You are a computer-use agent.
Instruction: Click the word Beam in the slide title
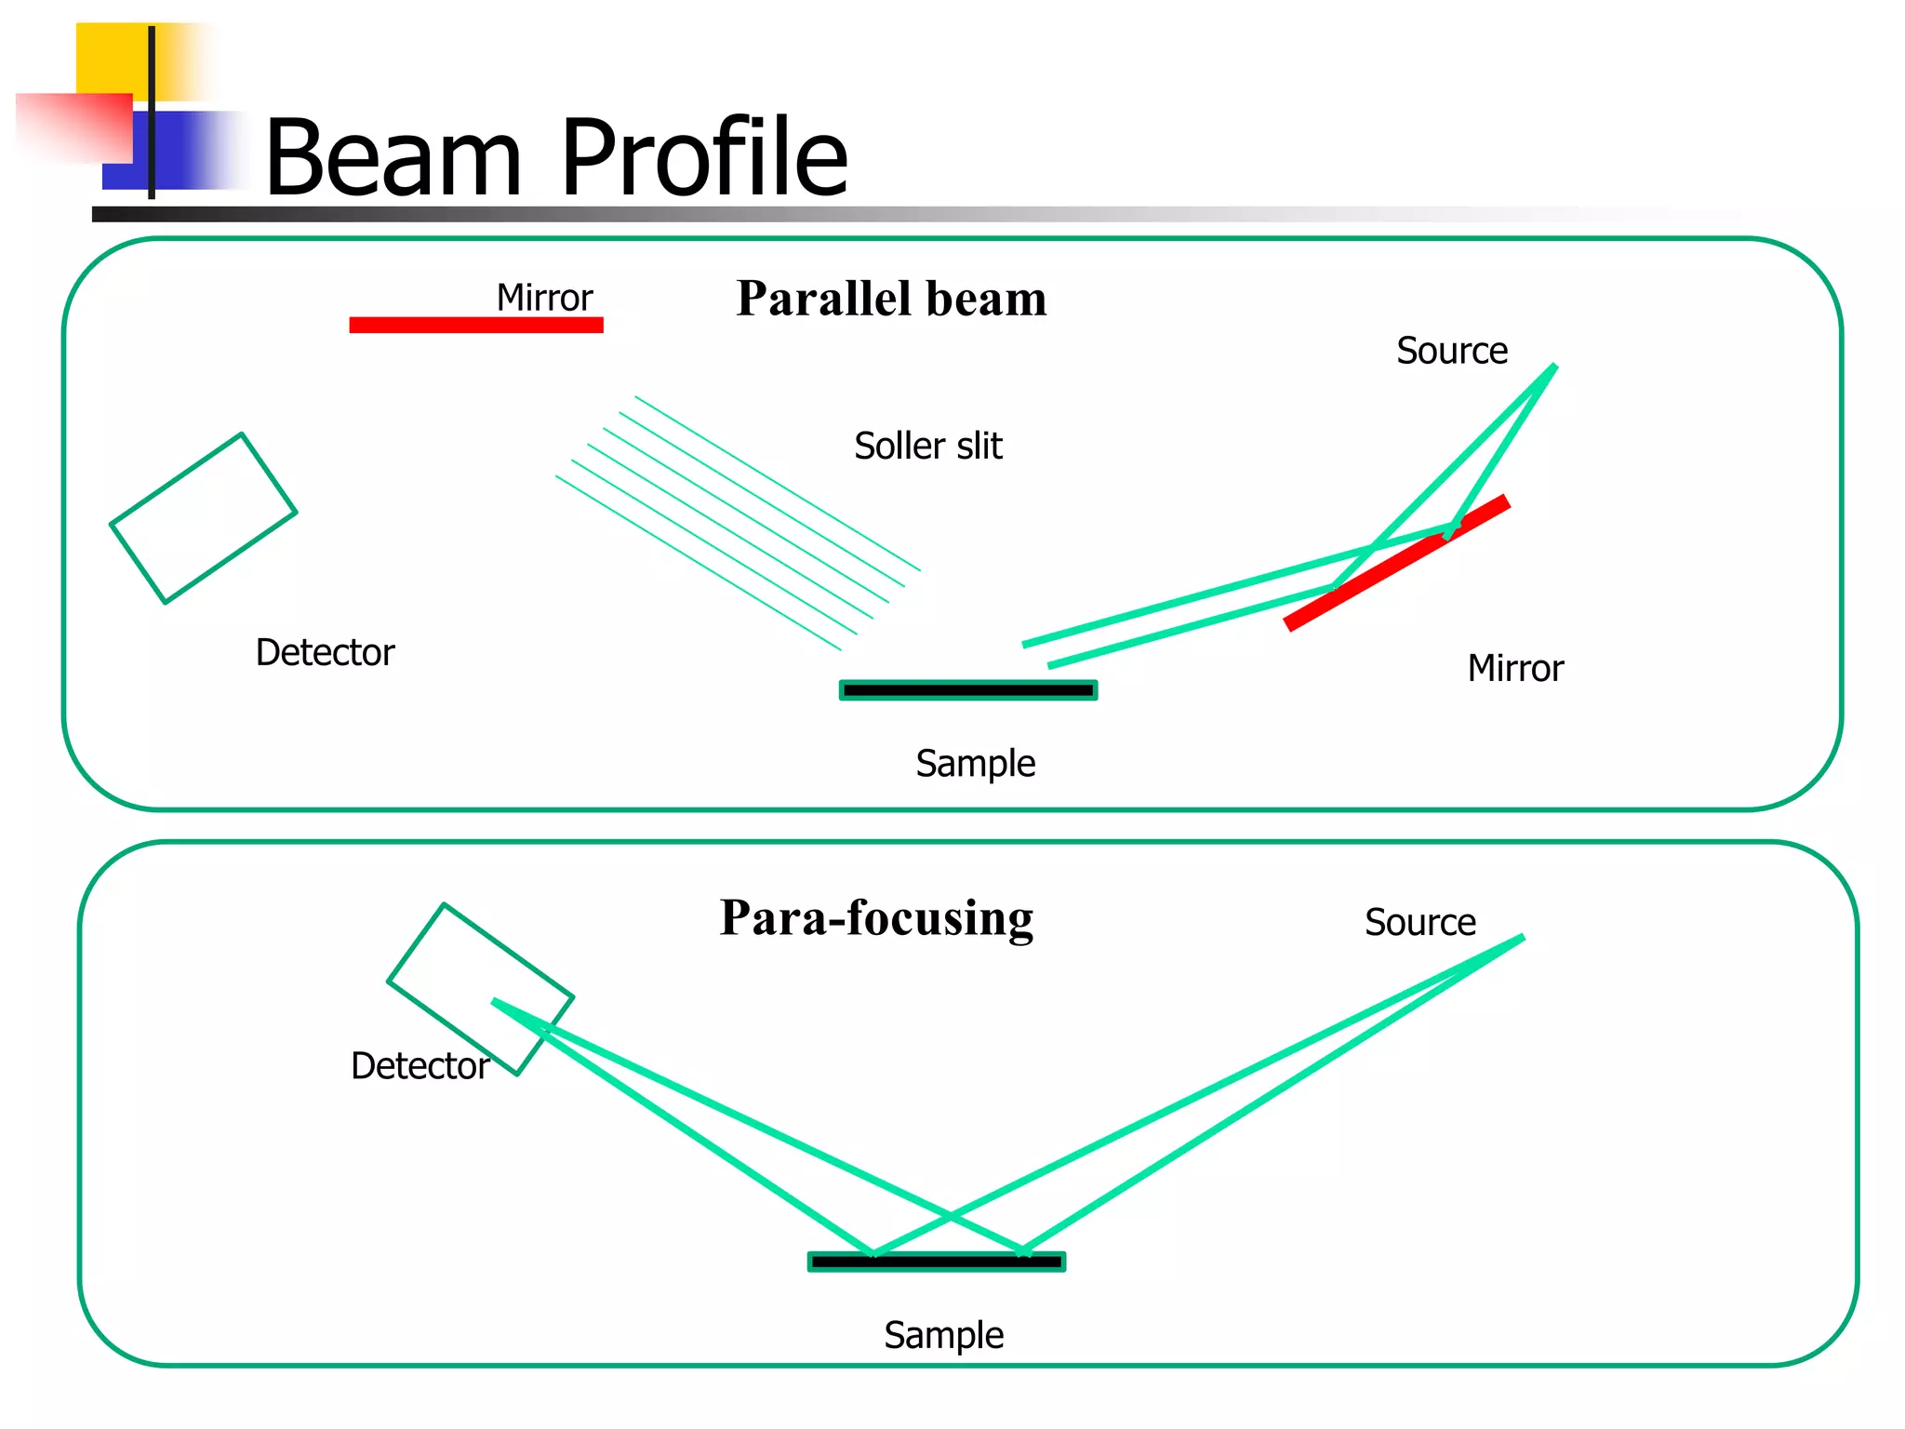393,158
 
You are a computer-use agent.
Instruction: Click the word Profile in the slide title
704,158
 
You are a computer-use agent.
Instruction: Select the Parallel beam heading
891,299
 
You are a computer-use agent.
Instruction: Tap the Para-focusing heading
876,918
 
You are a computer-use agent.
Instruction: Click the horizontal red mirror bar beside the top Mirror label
476,325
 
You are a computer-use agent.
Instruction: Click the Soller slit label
928,447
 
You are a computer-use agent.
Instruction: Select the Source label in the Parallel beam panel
1451,352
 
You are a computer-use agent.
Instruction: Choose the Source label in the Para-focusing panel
1419,923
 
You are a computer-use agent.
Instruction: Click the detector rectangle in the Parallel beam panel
204,518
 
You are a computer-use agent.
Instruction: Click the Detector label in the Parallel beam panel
325,653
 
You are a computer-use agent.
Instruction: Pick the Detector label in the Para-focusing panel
420,1066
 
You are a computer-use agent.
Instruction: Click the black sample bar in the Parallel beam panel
968,690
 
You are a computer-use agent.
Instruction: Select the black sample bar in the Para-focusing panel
937,1262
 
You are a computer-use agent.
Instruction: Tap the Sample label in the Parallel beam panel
975,765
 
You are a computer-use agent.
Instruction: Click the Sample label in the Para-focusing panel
943,1336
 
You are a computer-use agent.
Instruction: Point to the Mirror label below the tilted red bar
1515,669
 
